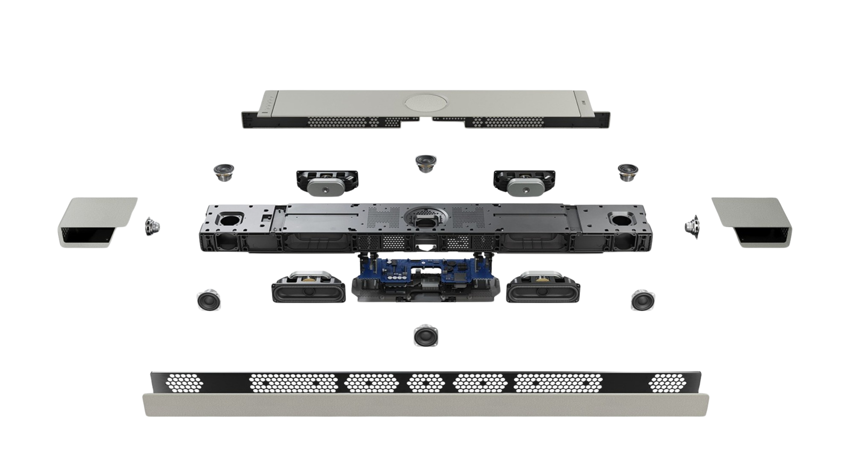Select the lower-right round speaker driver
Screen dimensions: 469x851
[x=643, y=300]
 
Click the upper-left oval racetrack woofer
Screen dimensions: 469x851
[x=328, y=184]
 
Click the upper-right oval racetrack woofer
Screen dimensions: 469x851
[x=525, y=184]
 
